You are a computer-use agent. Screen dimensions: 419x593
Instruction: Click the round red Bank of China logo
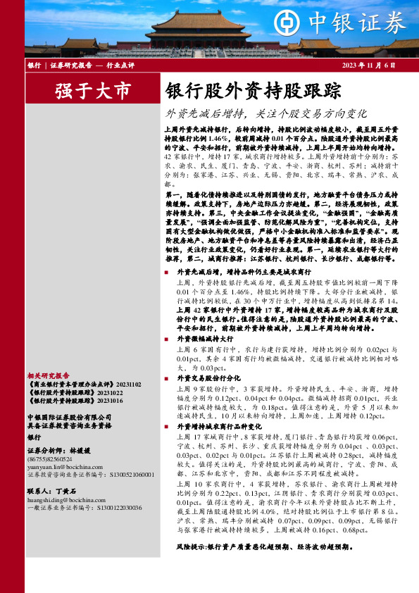click(288, 24)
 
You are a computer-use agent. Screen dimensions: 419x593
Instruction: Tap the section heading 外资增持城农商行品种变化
click(219, 426)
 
